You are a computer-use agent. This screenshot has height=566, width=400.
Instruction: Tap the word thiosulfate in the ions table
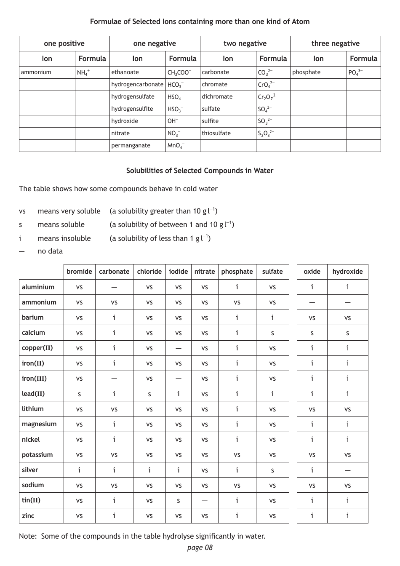pos(216,133)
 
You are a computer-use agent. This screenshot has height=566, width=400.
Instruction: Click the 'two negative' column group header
pos(245,43)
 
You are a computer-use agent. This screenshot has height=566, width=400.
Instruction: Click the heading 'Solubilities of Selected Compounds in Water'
pos(200,171)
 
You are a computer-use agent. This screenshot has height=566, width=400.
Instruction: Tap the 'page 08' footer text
pos(200,547)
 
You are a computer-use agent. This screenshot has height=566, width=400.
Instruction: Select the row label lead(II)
pos(33,394)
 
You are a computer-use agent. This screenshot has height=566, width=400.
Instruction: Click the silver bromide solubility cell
pos(79,470)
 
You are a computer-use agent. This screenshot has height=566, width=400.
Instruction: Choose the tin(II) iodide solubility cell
pos(178,501)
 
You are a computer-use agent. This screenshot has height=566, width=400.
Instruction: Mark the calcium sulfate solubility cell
pos(272,333)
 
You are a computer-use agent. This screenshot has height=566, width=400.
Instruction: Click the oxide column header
pos(312,272)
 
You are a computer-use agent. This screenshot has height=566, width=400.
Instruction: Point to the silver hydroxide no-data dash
pos(347,470)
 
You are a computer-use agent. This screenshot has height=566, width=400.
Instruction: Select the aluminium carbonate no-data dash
pos(114,288)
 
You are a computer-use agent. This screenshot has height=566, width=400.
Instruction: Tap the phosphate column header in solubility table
pos(237,272)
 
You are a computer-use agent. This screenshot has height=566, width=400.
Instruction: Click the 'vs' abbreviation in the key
pos(22,211)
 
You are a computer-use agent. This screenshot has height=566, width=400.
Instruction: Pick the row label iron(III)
pos(34,378)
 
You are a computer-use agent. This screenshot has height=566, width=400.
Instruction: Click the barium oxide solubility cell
pos(312,318)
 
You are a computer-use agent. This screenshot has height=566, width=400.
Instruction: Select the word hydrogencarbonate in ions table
pos(137,85)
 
